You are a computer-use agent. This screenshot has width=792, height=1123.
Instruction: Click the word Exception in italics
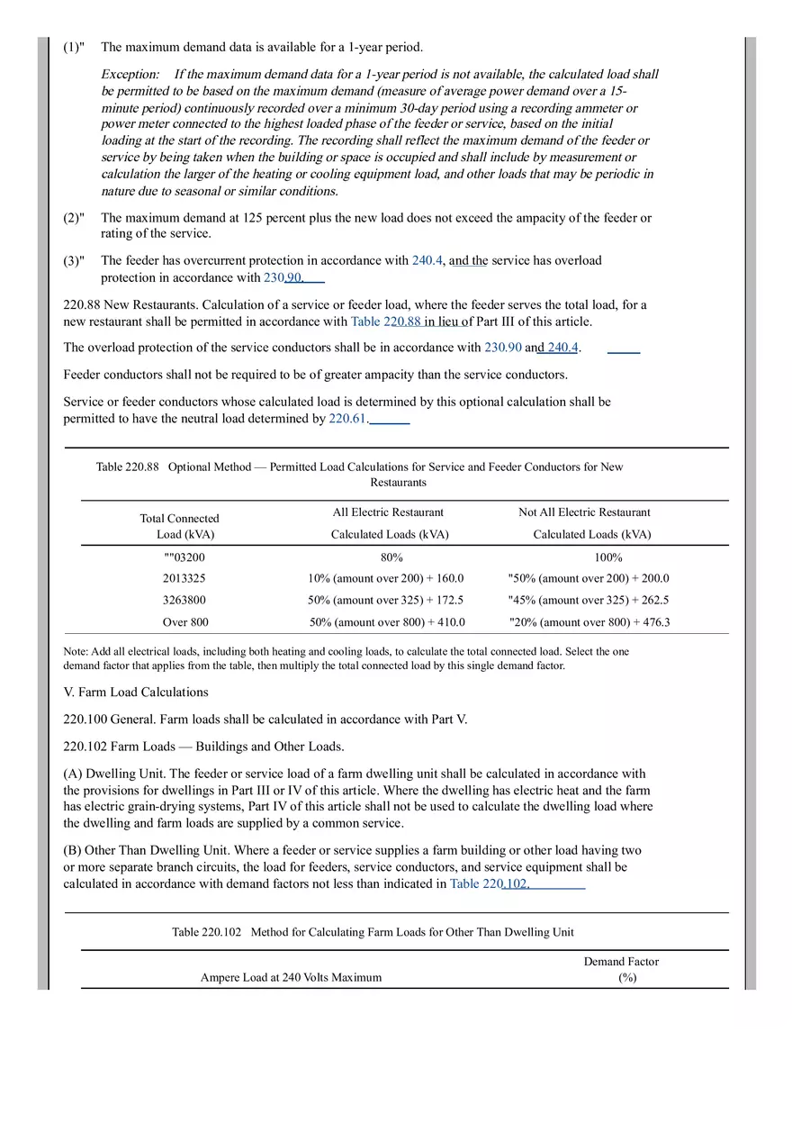click(130, 74)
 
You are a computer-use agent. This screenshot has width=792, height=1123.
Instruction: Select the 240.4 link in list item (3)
click(427, 260)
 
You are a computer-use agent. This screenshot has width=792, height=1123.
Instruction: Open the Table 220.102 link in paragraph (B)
click(490, 884)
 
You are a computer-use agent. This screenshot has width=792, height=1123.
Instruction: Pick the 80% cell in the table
click(391, 557)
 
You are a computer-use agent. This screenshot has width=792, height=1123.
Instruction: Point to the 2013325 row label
click(184, 579)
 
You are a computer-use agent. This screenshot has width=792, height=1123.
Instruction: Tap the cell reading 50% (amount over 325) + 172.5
click(385, 601)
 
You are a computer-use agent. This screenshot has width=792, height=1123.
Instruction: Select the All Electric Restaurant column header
click(388, 512)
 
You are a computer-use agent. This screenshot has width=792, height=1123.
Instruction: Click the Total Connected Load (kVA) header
click(179, 526)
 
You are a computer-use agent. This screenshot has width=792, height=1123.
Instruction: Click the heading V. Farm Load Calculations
click(136, 693)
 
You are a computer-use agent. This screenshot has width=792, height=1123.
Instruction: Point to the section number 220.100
click(86, 720)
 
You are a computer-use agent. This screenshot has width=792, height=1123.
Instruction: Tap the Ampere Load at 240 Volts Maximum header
click(291, 977)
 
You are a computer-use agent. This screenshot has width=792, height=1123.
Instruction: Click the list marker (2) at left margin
click(74, 218)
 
